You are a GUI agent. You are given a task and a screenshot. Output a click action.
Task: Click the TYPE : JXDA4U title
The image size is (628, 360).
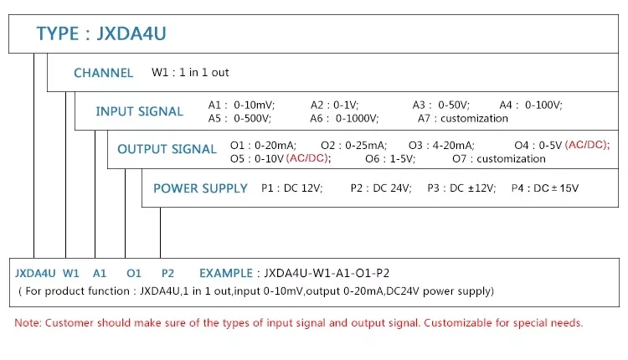(107, 34)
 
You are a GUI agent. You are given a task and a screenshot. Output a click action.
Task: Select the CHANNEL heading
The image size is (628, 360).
(103, 73)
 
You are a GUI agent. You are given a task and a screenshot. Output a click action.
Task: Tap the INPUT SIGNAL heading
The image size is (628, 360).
(139, 111)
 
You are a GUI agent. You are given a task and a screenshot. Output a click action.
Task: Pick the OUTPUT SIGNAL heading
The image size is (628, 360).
(167, 149)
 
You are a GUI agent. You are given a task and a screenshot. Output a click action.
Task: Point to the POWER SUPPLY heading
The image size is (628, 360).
(200, 188)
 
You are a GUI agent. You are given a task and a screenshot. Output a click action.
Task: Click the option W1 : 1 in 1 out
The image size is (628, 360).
(190, 73)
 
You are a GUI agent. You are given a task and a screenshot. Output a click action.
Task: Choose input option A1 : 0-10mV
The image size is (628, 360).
(241, 105)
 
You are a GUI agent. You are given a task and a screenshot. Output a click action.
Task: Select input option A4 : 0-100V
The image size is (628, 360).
(531, 105)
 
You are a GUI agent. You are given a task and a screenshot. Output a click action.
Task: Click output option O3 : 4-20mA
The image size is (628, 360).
(447, 145)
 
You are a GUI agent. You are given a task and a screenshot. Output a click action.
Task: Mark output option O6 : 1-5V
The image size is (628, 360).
(390, 158)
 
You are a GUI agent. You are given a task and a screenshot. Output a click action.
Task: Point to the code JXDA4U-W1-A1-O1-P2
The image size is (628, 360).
(327, 273)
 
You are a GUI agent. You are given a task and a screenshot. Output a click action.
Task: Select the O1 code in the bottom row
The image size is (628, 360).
(134, 273)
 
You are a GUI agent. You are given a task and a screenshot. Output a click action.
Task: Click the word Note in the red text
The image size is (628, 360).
(27, 322)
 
